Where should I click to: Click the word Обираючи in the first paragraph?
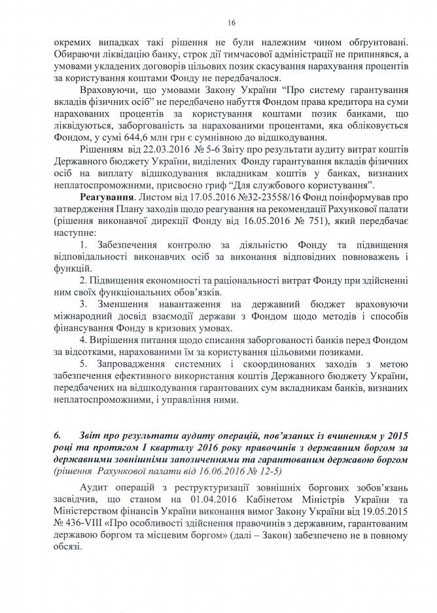pos(75,52)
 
